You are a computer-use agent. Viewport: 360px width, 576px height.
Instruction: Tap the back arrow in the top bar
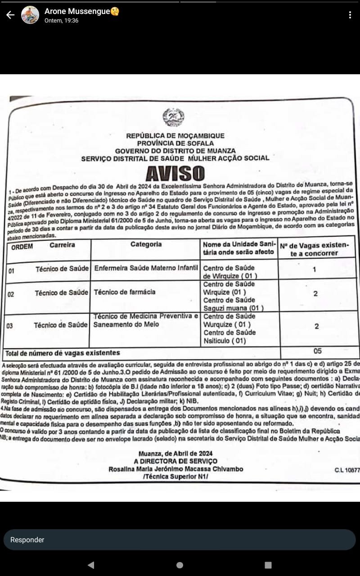pyautogui.click(x=10, y=15)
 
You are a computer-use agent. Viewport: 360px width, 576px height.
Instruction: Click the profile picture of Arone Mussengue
pyautogui.click(x=30, y=15)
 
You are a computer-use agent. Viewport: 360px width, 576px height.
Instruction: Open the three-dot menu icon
pyautogui.click(x=350, y=15)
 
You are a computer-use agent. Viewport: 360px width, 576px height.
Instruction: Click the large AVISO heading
pyautogui.click(x=175, y=173)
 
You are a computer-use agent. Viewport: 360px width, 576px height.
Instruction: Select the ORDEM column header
pyautogui.click(x=22, y=247)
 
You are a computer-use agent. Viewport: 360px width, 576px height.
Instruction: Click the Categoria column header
pyautogui.click(x=146, y=244)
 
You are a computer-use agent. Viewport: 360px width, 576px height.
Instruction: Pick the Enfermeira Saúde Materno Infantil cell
pyautogui.click(x=146, y=268)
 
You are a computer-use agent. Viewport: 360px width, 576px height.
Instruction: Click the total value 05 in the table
pyautogui.click(x=317, y=351)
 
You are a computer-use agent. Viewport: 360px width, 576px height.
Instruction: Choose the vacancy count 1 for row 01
pyautogui.click(x=314, y=270)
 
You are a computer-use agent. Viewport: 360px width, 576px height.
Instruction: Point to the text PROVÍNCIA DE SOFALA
pyautogui.click(x=175, y=143)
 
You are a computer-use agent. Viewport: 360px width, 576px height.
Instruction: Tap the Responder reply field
pyautogui.click(x=179, y=540)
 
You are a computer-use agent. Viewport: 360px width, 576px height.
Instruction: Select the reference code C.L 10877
pyautogui.click(x=347, y=470)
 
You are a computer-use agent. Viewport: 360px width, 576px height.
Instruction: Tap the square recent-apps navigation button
pyautogui.click(x=268, y=565)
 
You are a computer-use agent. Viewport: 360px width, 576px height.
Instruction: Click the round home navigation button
pyautogui.click(x=180, y=565)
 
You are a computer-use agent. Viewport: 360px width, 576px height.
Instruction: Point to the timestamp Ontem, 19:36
pyautogui.click(x=62, y=21)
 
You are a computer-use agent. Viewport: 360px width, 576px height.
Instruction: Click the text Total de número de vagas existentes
pyautogui.click(x=63, y=353)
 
